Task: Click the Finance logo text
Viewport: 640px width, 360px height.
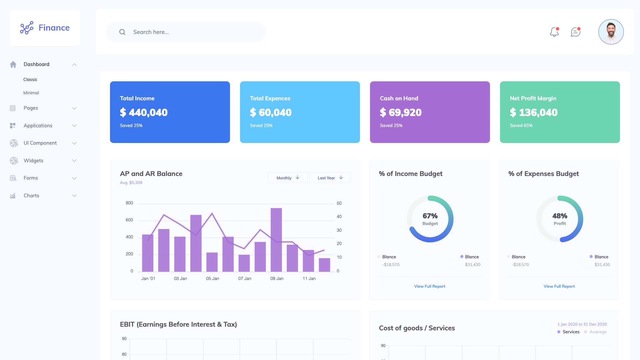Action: click(x=54, y=28)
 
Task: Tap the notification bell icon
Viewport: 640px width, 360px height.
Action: click(x=554, y=32)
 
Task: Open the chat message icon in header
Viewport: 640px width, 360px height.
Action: click(x=575, y=32)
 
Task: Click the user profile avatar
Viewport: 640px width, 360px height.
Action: click(x=611, y=32)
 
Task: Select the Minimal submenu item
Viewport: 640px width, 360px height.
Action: click(x=31, y=93)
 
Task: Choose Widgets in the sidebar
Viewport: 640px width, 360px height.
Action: click(x=33, y=161)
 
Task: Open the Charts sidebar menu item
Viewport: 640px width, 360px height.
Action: click(x=31, y=196)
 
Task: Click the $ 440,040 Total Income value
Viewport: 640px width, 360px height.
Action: click(x=144, y=113)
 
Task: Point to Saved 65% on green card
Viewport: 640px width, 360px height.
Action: click(x=521, y=126)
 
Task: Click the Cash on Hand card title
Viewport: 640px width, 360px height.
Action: click(x=399, y=98)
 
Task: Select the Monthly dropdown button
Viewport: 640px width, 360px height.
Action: click(x=288, y=178)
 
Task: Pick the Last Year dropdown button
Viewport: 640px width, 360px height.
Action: click(x=330, y=178)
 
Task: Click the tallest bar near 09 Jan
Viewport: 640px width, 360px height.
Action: click(x=276, y=240)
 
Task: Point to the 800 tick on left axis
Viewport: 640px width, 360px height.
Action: click(x=129, y=203)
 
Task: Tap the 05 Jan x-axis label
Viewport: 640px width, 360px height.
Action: click(x=212, y=279)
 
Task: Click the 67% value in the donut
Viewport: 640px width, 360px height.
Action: click(x=430, y=216)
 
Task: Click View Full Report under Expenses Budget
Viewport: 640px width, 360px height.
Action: click(x=559, y=286)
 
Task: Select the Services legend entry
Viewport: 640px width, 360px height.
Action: click(x=571, y=332)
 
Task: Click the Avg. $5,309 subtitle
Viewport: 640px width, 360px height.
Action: click(x=131, y=183)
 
